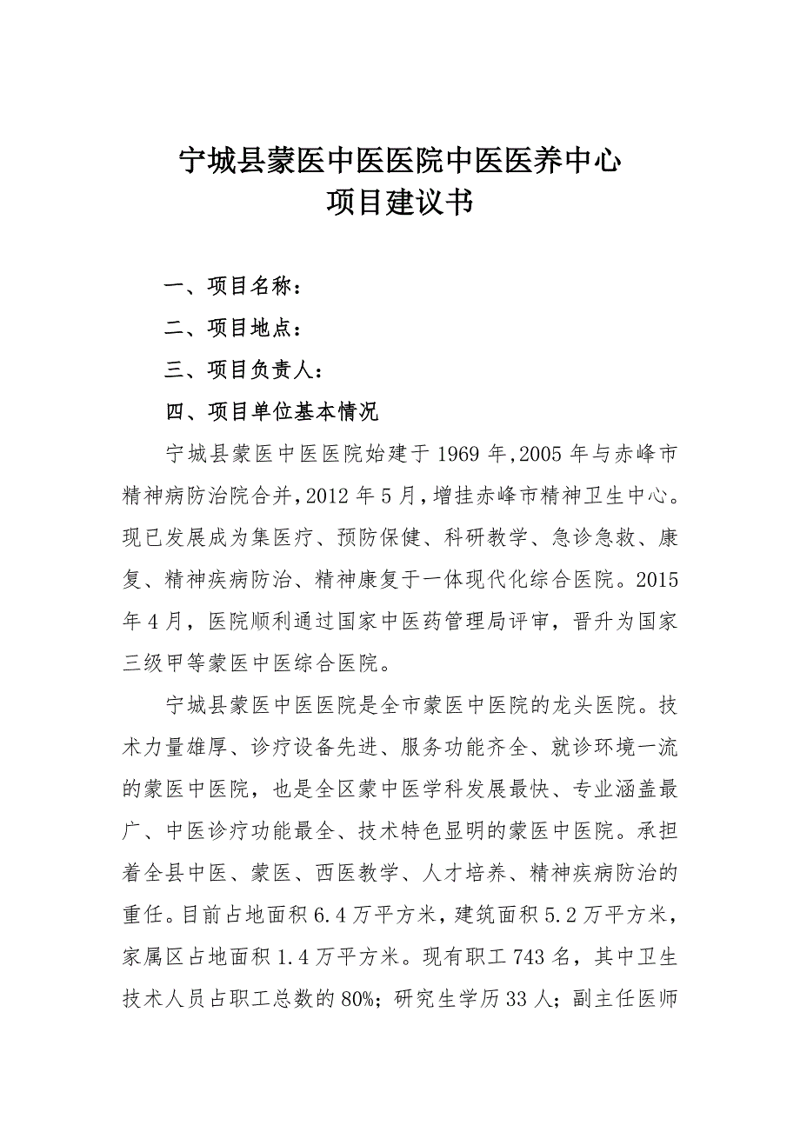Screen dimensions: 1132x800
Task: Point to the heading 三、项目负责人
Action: (x=244, y=370)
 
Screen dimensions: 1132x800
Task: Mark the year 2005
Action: (x=542, y=454)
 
